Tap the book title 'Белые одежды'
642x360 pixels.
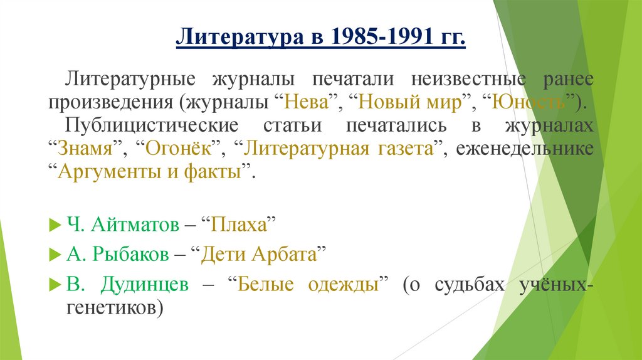click(308, 284)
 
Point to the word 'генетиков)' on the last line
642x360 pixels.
click(115, 307)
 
